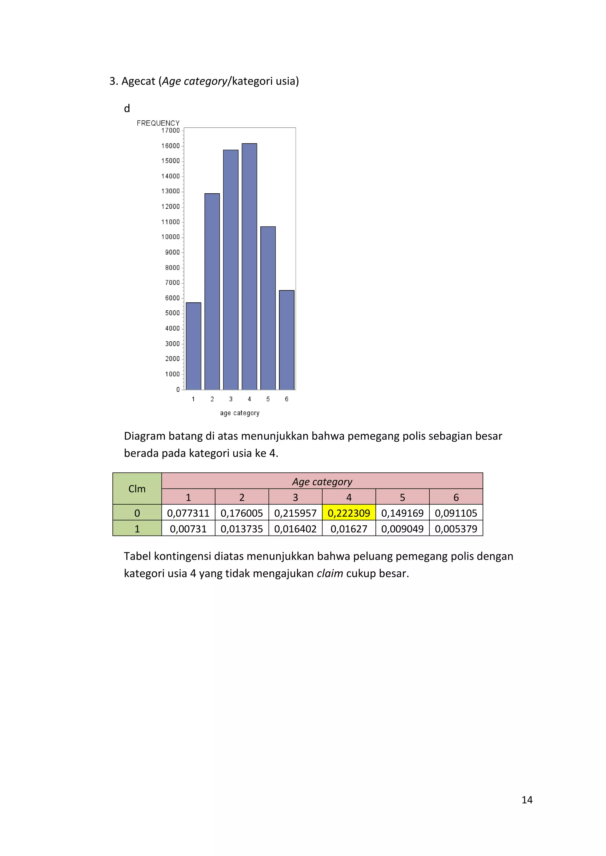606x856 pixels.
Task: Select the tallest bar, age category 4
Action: point(249,266)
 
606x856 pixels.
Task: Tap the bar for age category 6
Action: point(287,340)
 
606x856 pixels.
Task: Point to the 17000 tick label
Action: point(170,130)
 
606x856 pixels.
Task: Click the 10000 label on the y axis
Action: point(170,237)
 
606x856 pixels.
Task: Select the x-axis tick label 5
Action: point(268,399)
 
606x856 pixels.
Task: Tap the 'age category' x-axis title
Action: point(240,413)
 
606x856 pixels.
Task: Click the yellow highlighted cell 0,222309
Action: point(349,513)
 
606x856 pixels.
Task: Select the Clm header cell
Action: point(137,489)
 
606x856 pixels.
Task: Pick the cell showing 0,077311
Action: point(188,513)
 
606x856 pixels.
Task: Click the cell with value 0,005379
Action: point(456,529)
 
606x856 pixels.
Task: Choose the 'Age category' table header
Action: point(322,482)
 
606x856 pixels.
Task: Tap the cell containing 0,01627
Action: point(349,529)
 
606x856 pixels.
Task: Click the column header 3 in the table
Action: point(295,497)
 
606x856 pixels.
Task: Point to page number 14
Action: point(527,800)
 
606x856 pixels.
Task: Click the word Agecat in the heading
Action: point(138,81)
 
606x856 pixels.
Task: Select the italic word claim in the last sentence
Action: point(330,573)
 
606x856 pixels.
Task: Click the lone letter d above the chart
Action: point(127,108)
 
